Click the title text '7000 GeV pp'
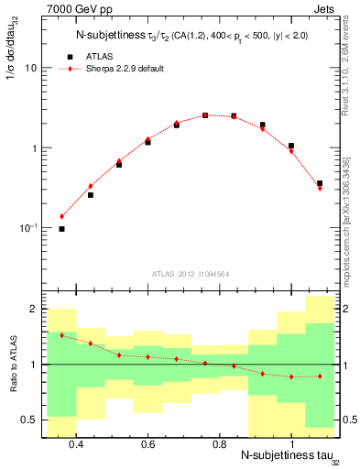point(75,10)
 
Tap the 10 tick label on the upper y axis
point(30,69)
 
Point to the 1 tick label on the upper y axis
point(33,148)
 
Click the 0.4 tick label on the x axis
point(76,444)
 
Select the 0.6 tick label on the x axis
point(147,444)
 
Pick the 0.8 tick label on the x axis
point(219,444)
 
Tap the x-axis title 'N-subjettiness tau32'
point(285,456)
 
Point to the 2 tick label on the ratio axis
point(33,309)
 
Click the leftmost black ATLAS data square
point(61,229)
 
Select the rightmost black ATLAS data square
point(320,183)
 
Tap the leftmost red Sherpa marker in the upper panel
point(61,216)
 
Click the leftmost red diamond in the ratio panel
point(61,335)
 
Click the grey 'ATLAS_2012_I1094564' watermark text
point(190,273)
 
